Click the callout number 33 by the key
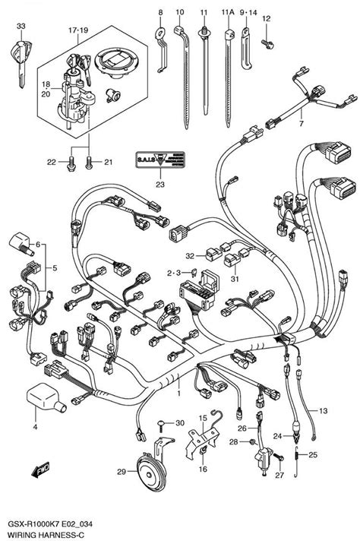21,27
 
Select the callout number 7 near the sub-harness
301,124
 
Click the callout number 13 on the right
322,411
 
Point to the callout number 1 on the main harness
178,394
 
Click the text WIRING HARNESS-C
43,536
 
